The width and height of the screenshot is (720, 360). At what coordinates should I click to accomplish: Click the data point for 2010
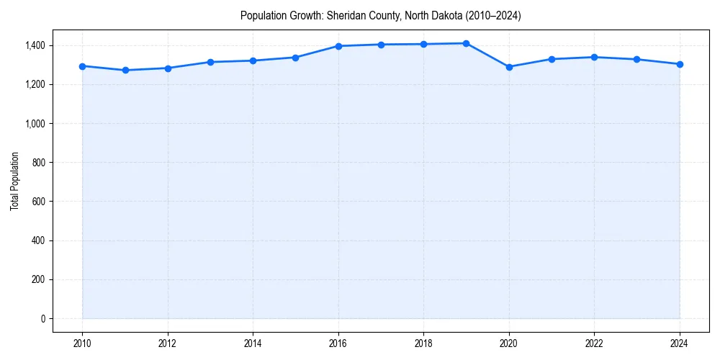[82, 66]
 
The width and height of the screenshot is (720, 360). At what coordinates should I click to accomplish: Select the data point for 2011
[125, 70]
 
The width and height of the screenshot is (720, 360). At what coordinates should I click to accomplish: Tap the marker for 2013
[210, 62]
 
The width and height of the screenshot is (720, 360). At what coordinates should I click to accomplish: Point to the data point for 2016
[338, 46]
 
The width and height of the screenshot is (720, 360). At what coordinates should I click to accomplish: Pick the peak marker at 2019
[467, 43]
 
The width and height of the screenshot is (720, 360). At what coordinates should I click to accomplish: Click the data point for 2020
[509, 67]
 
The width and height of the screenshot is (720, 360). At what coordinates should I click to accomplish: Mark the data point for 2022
[594, 57]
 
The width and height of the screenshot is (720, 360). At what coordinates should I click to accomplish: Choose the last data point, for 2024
[680, 64]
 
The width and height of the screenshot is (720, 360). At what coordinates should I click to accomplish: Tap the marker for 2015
[296, 58]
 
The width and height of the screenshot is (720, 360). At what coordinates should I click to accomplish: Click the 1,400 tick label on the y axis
[35, 45]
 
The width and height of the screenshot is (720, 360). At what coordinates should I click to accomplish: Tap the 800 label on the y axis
[38, 163]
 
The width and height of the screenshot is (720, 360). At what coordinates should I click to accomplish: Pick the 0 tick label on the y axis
[42, 318]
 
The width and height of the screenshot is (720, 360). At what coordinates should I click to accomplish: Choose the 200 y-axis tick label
[38, 279]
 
